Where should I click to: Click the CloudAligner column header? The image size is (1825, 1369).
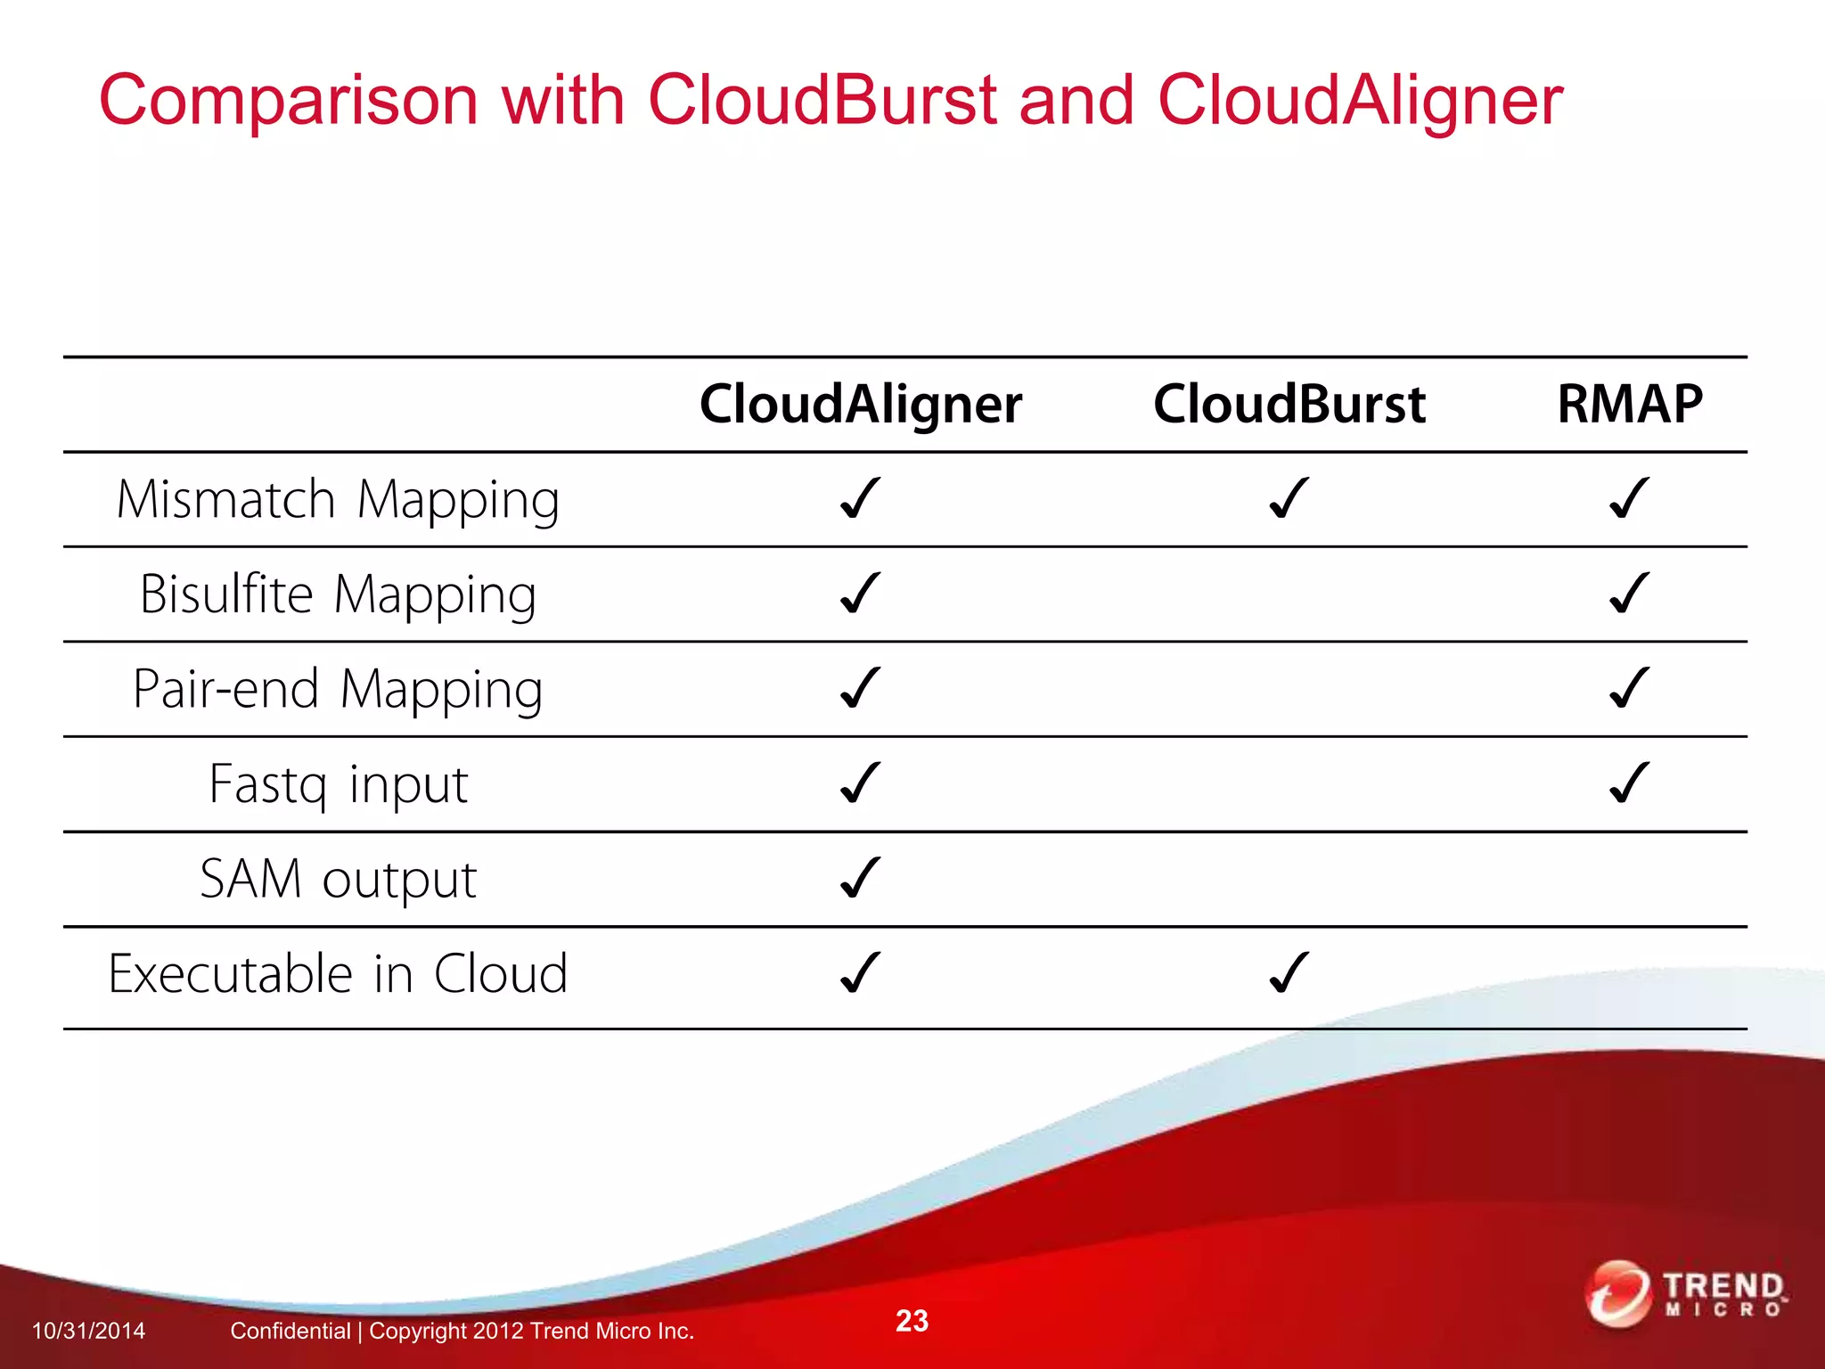[860, 405]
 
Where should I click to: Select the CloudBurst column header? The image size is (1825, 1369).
[1289, 405]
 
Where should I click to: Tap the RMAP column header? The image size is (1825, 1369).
[1629, 405]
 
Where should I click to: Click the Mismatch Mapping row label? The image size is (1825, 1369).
[338, 500]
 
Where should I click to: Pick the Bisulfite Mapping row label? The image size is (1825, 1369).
[338, 594]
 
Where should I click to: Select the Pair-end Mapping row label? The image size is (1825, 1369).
[338, 690]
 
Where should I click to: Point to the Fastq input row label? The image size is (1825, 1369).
[338, 784]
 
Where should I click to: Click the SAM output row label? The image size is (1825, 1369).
[338, 880]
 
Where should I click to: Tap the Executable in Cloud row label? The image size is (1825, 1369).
[338, 974]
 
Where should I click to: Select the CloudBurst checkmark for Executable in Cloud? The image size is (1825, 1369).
[1289, 972]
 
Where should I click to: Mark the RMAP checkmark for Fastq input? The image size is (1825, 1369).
[1629, 783]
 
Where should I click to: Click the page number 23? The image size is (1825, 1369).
[912, 1321]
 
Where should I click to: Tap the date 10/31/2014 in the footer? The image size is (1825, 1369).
[88, 1331]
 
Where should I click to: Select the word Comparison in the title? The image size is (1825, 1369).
[288, 100]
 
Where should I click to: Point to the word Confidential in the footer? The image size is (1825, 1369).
[290, 1331]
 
